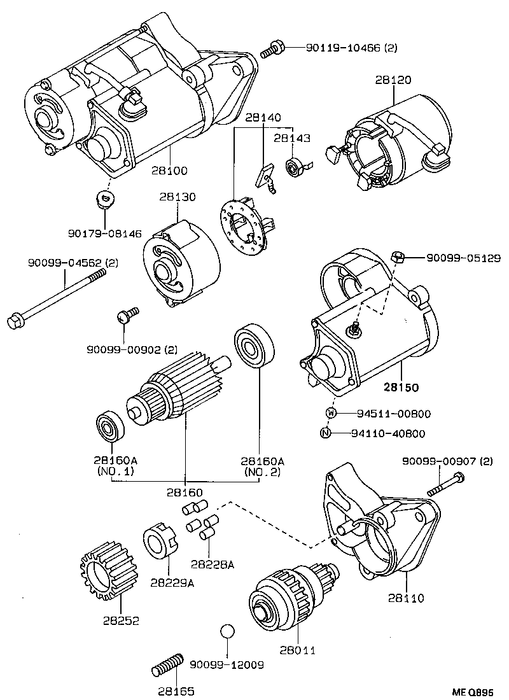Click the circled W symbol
pyautogui.click(x=330, y=414)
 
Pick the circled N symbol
pyautogui.click(x=325, y=433)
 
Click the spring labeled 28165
pyautogui.click(x=168, y=665)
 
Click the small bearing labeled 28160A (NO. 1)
pyautogui.click(x=109, y=428)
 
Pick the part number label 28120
pyautogui.click(x=393, y=80)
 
